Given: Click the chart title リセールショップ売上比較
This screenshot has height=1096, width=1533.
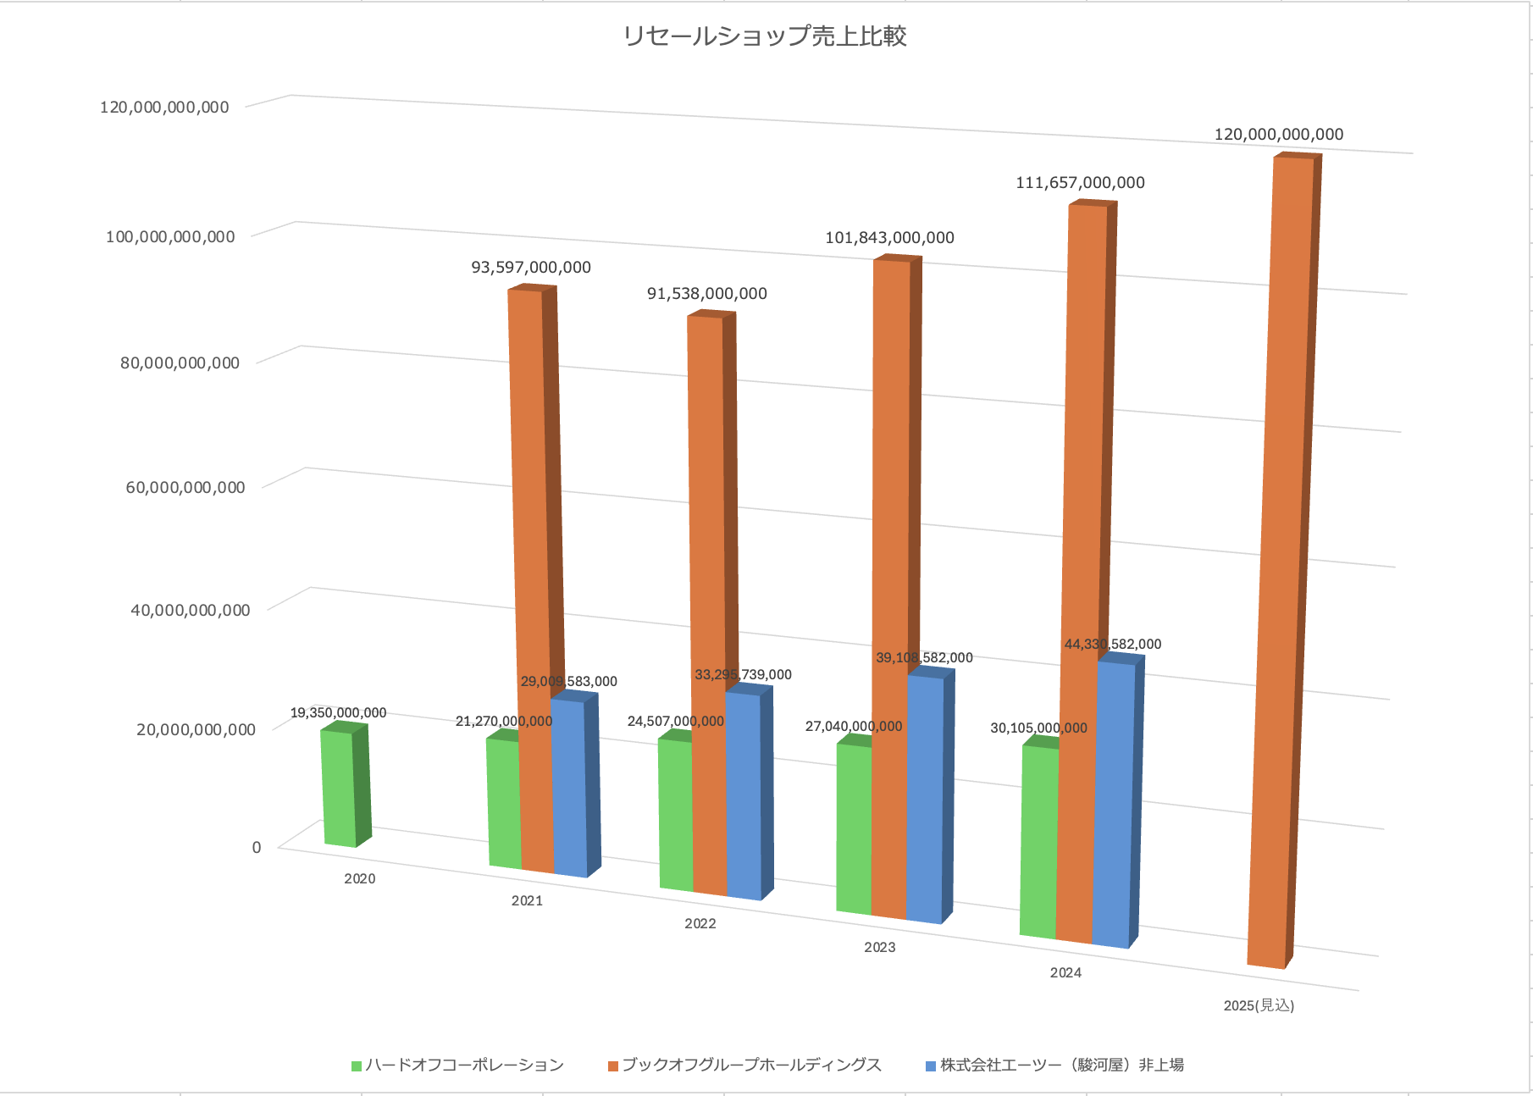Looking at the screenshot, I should (x=765, y=36).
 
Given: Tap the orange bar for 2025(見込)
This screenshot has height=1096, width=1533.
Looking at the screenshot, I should (x=1281, y=559).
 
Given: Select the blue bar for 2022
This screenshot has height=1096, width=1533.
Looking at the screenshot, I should (x=743, y=796).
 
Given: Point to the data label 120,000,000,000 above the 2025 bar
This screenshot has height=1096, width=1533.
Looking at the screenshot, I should (x=1279, y=135).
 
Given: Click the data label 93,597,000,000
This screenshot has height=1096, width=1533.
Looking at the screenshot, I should (x=531, y=268).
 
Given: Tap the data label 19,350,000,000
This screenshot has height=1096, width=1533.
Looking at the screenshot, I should (x=338, y=713).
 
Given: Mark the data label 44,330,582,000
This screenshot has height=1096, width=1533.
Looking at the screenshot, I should (x=1112, y=645).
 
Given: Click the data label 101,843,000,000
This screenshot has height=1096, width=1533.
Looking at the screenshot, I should (x=889, y=238).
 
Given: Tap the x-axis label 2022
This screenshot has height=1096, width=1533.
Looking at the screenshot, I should (x=700, y=924).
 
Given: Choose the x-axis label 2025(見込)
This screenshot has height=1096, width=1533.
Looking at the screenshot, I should (x=1259, y=1005).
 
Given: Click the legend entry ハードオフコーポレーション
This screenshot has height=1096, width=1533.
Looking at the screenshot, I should (x=464, y=1066).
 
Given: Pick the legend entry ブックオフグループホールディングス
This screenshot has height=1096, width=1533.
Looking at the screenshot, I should (x=751, y=1066).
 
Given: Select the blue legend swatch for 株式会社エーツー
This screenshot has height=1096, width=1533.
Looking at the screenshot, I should (x=931, y=1066).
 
